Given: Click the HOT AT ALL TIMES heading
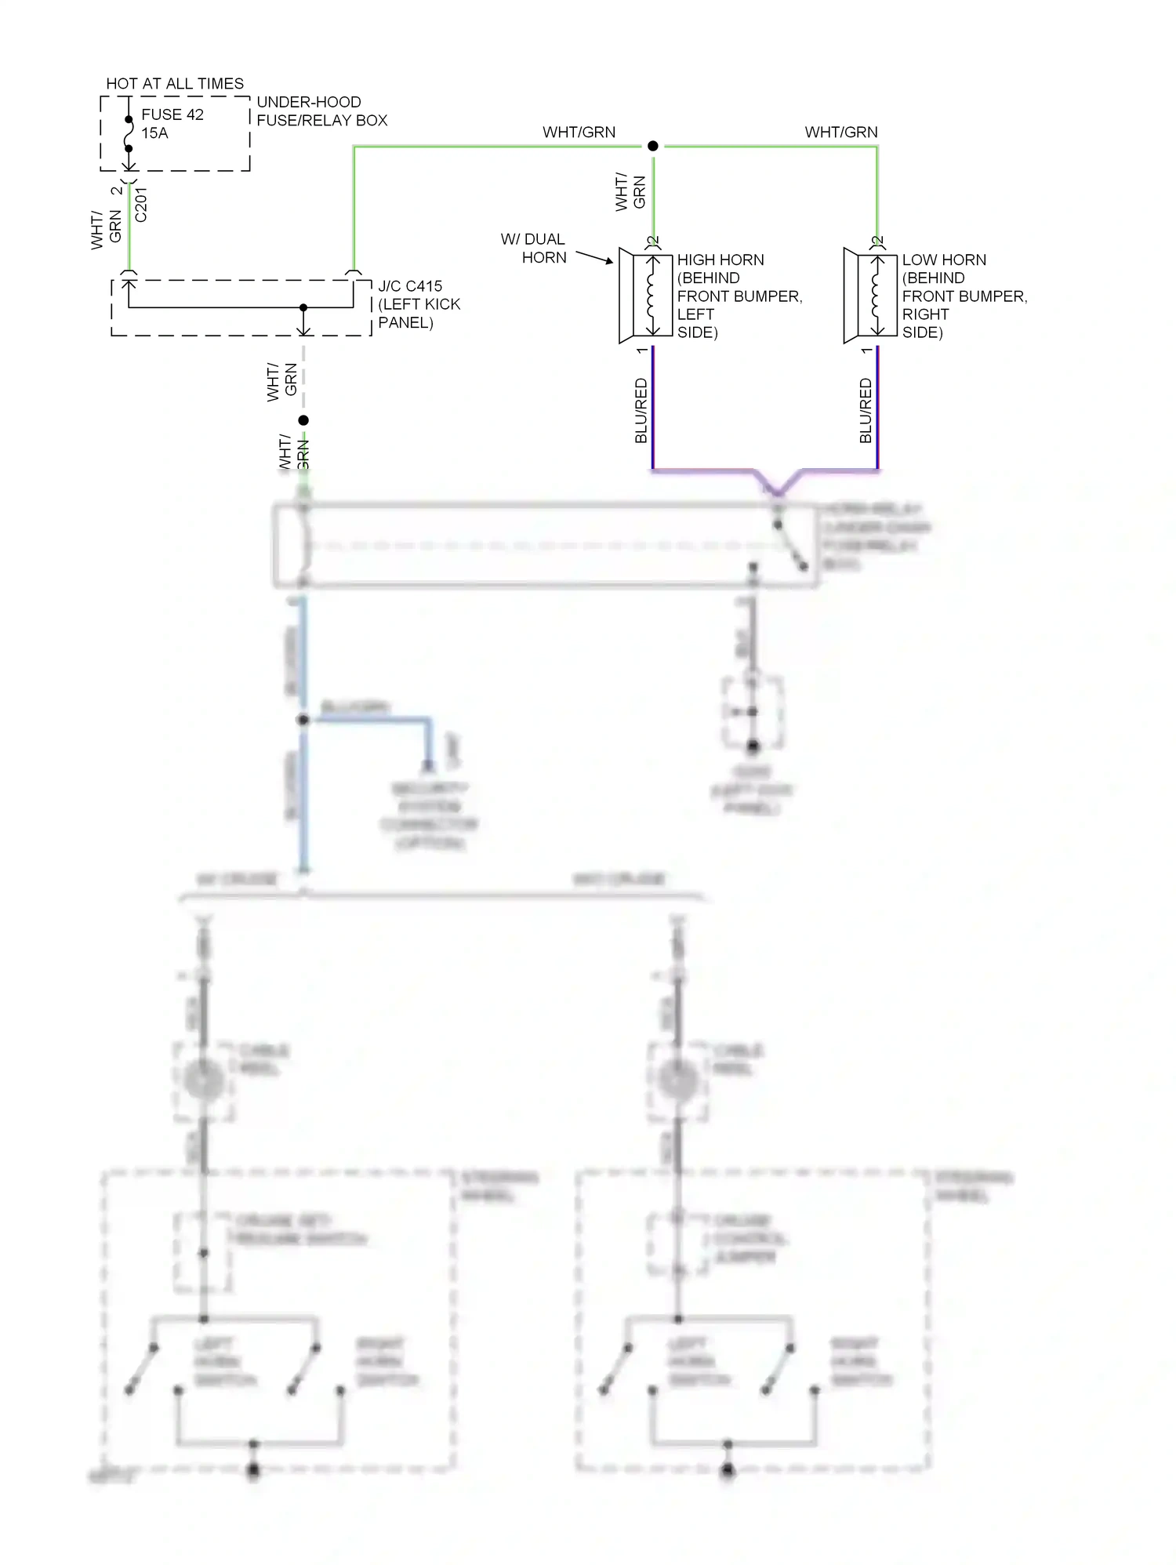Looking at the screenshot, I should tap(175, 83).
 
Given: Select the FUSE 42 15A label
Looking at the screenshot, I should tap(172, 124).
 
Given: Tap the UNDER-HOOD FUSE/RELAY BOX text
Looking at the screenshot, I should tap(321, 111).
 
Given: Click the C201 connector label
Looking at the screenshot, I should tap(141, 205).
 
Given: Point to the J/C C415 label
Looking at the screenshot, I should tap(410, 286).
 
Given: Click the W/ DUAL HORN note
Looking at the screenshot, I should tap(534, 249).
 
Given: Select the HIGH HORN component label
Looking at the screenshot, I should tap(720, 260).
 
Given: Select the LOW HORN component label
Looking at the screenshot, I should tap(944, 260).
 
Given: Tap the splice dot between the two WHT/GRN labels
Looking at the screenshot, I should tap(652, 146).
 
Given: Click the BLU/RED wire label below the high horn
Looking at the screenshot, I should tap(641, 411).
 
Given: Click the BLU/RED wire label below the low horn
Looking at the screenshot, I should tap(866, 411).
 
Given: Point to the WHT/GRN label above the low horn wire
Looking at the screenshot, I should tap(841, 132).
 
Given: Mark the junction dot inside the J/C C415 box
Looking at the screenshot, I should tap(303, 307).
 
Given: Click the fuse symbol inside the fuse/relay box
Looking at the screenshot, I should tap(129, 134).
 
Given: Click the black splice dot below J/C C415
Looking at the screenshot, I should tap(303, 420).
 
